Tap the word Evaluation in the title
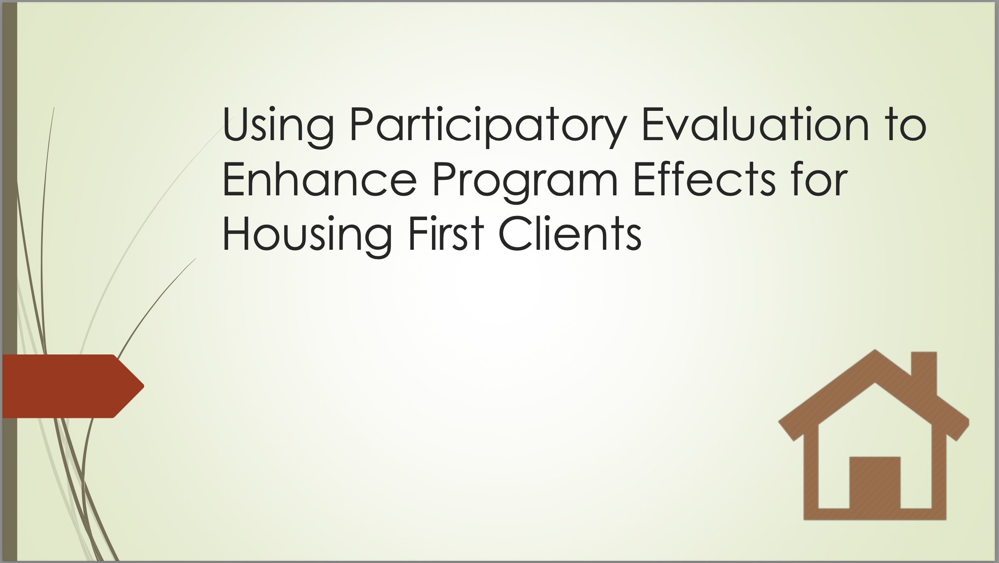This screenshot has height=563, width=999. [x=755, y=124]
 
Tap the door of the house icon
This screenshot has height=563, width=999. [x=875, y=482]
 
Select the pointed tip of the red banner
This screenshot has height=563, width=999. [x=144, y=386]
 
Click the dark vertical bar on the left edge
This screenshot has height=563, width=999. [x=10, y=281]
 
